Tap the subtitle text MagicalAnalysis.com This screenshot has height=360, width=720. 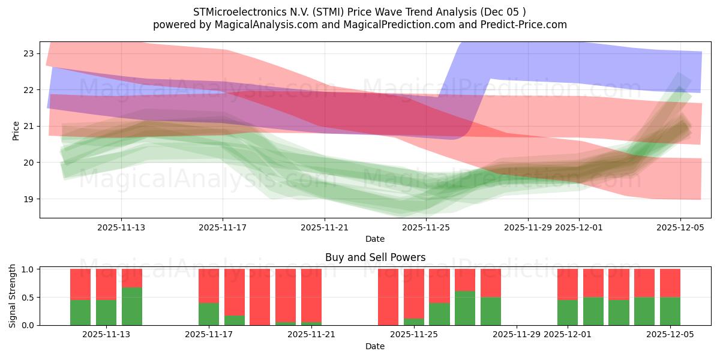point(251,25)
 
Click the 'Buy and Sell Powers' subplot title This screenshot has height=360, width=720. point(375,257)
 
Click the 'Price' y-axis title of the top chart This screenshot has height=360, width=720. point(16,130)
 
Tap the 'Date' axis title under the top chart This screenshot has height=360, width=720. point(375,239)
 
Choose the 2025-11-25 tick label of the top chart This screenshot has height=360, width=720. point(426,227)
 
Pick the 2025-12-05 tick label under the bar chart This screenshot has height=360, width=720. point(670,334)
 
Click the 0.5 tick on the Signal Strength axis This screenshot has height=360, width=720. point(28,297)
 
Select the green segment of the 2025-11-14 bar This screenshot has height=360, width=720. point(132,306)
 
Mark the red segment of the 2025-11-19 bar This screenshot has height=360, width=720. point(260,296)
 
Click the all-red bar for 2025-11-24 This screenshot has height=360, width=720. point(388,297)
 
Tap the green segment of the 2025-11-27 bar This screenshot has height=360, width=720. point(465,308)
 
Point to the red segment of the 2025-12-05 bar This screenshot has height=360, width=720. point(670,283)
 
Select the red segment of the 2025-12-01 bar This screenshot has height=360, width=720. point(568,284)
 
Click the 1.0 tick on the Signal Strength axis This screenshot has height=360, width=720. point(28,269)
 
